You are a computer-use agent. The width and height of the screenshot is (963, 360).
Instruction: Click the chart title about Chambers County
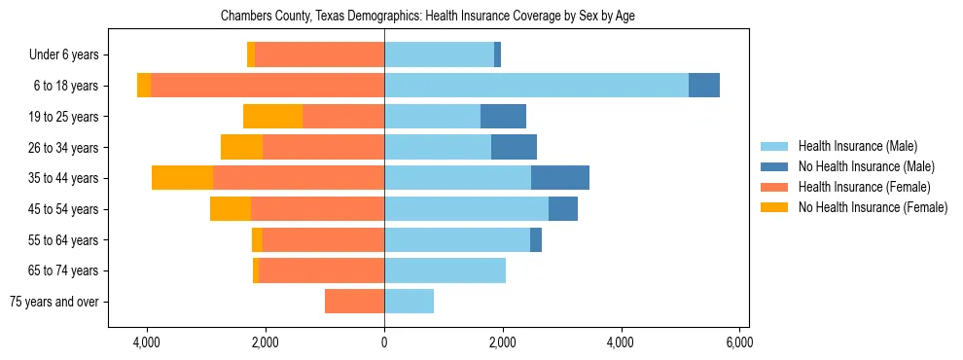[x=428, y=17]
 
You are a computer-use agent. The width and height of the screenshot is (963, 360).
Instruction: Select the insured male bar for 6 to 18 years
[x=536, y=86]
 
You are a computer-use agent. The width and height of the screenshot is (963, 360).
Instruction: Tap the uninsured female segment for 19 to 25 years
[x=272, y=117]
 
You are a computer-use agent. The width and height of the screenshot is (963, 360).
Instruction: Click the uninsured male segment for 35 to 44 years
[x=560, y=178]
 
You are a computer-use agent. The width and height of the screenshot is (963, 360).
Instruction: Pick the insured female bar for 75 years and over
[x=354, y=302]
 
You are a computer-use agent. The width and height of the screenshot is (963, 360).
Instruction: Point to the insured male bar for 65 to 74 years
[x=445, y=270]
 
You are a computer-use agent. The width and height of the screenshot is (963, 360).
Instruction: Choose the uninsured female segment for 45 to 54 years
[x=231, y=209]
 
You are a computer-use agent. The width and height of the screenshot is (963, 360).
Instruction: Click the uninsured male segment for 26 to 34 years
[x=514, y=148]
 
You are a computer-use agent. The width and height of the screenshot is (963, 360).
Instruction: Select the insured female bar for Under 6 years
[x=319, y=55]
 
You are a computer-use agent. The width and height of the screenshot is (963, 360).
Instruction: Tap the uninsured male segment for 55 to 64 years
[x=536, y=240]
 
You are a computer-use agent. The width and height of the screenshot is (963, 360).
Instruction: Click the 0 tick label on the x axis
[x=384, y=343]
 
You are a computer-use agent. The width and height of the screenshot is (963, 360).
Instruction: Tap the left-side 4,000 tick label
[x=147, y=343]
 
